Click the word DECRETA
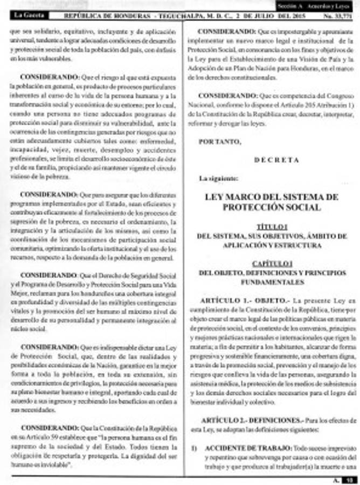click(276, 160)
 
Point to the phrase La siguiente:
click(218, 178)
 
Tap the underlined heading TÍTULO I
click(272, 226)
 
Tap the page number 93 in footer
click(350, 479)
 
